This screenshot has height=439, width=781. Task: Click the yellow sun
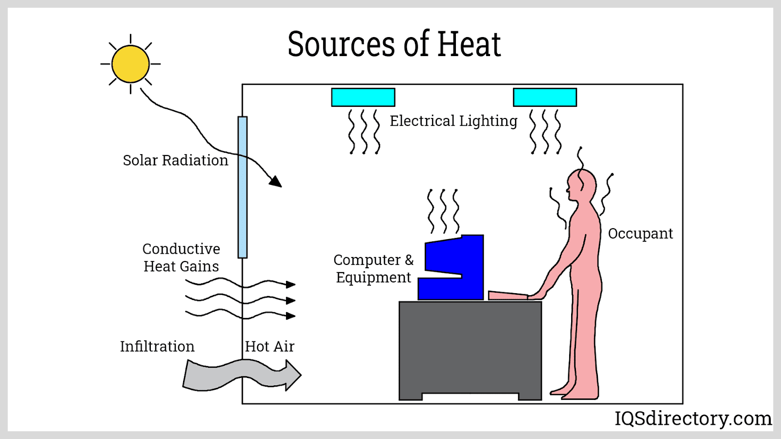(130, 64)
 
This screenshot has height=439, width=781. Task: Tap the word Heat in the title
(469, 44)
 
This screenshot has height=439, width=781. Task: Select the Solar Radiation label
(175, 160)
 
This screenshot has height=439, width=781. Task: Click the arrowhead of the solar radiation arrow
(276, 182)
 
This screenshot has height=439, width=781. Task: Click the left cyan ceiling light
(363, 97)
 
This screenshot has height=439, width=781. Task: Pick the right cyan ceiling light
(545, 97)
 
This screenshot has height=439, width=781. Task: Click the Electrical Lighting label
(453, 121)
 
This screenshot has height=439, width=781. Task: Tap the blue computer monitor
(454, 268)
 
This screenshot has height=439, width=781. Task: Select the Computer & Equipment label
(373, 268)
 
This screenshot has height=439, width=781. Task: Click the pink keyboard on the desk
(508, 295)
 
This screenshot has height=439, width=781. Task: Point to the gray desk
(470, 346)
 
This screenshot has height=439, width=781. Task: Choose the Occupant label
(640, 234)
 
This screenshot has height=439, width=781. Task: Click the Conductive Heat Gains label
(181, 258)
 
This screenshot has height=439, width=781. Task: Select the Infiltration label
(157, 346)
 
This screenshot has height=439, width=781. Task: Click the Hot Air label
(269, 346)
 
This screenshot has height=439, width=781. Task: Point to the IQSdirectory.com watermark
(693, 419)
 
